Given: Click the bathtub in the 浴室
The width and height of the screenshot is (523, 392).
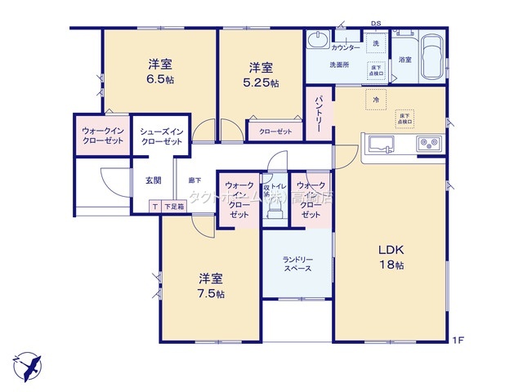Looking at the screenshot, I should point(431,60).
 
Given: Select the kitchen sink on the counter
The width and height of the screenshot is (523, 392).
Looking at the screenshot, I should point(379,145).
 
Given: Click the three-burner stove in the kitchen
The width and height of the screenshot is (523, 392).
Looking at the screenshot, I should point(428,145).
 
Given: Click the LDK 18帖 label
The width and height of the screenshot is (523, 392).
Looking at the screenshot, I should point(391,256).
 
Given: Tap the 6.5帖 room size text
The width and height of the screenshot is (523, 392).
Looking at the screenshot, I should point(160,80).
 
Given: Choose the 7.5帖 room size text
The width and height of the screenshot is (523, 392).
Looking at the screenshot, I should point(210,294).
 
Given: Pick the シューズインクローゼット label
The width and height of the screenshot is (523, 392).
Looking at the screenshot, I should point(161,136).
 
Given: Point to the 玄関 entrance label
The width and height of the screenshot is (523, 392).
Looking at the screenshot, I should point(153,180).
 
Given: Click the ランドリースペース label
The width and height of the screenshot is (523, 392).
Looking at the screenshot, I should point(297,263).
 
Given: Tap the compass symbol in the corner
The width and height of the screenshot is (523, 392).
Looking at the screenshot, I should point(26,362).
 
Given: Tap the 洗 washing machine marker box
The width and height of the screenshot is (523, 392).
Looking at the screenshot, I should point(376,42).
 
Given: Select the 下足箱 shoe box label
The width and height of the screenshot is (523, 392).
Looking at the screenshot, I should point(172,207).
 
